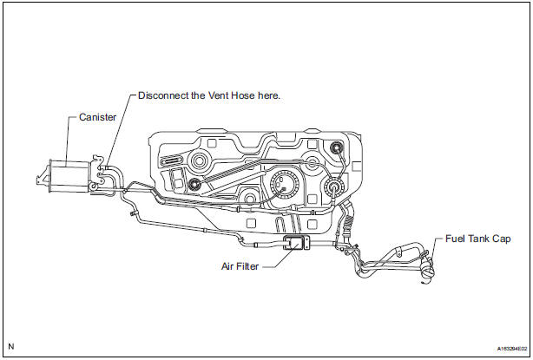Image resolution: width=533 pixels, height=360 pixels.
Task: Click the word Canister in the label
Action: pos(97,117)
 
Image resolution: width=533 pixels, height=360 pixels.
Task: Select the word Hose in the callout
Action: pos(243,95)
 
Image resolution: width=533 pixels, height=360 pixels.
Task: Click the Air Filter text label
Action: pos(240,266)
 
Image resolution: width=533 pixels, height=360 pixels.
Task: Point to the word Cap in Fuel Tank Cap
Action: pos(502,239)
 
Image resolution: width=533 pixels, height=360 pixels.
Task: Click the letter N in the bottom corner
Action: pos(11,346)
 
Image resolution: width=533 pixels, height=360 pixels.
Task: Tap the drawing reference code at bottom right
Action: pos(512,349)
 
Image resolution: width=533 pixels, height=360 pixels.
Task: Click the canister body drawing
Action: pos(69,177)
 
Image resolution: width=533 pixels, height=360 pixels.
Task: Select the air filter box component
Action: pos(294,243)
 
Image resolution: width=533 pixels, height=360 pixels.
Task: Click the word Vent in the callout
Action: pos(218,95)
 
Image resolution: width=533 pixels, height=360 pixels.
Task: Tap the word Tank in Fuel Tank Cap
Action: pos(479,239)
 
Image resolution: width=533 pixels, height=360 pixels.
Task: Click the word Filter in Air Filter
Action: pos(247,266)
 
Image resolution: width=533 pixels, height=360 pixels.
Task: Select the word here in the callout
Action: pos(269,95)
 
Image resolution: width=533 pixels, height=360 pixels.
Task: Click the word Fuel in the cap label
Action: pos(455,239)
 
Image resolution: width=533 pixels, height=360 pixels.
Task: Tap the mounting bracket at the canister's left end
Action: pos(43,179)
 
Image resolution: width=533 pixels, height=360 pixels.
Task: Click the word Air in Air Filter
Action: pos(227,266)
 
